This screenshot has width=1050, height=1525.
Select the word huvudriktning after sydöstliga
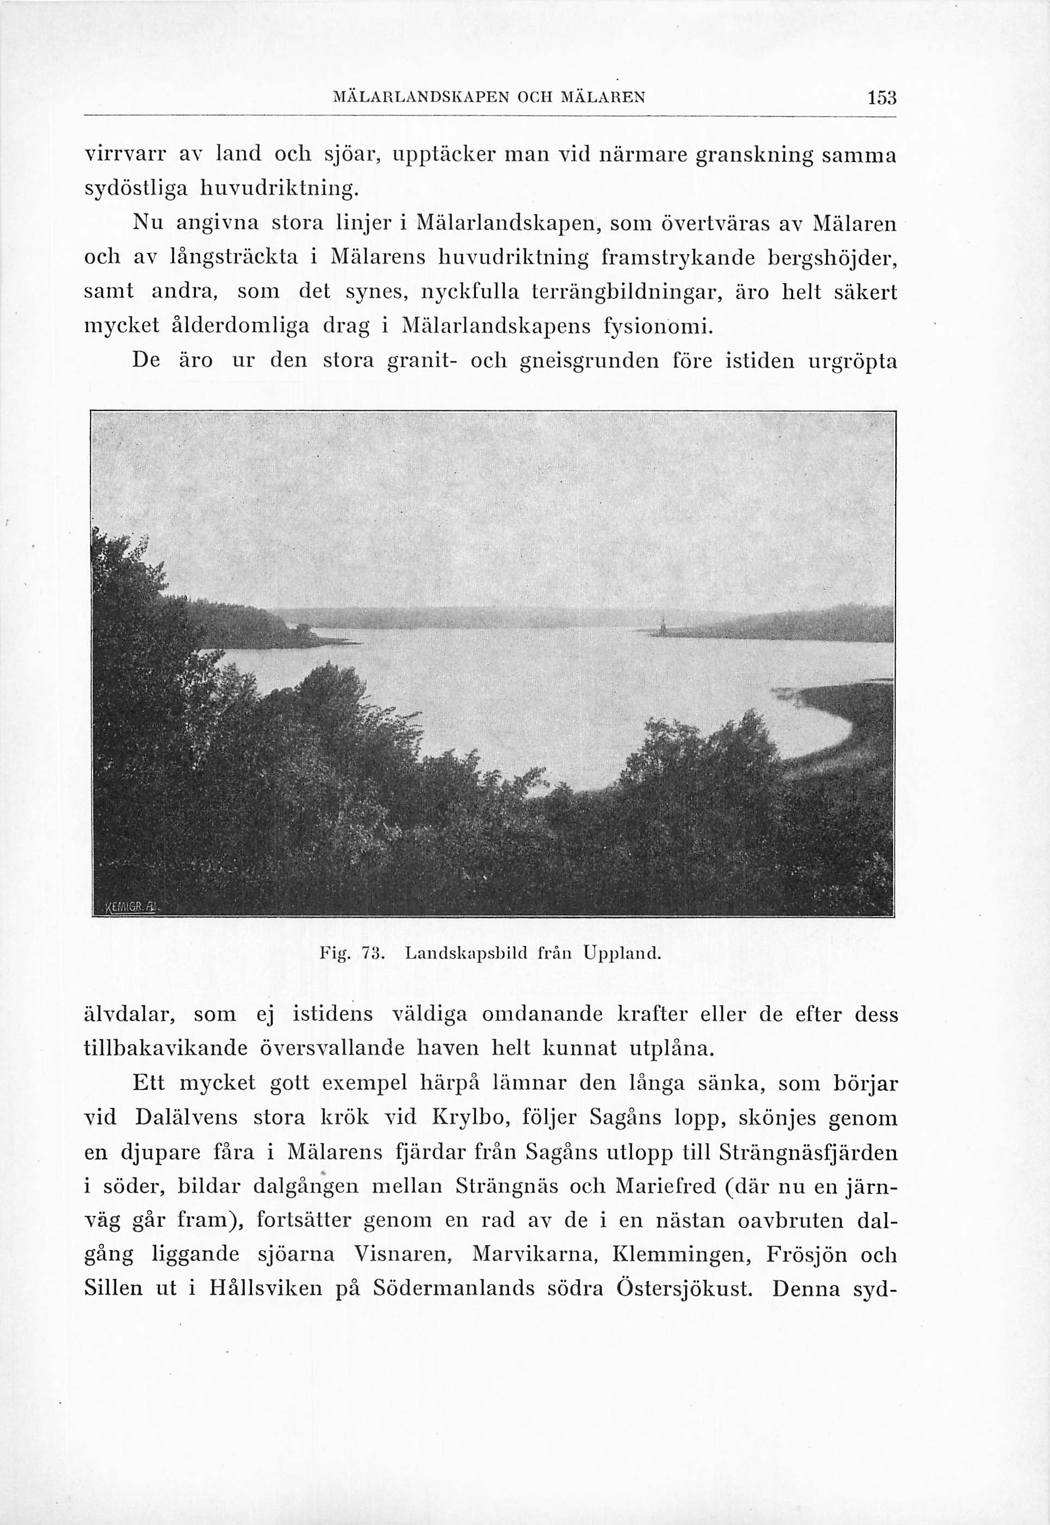click(x=270, y=189)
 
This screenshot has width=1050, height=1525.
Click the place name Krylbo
click(x=472, y=1117)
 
